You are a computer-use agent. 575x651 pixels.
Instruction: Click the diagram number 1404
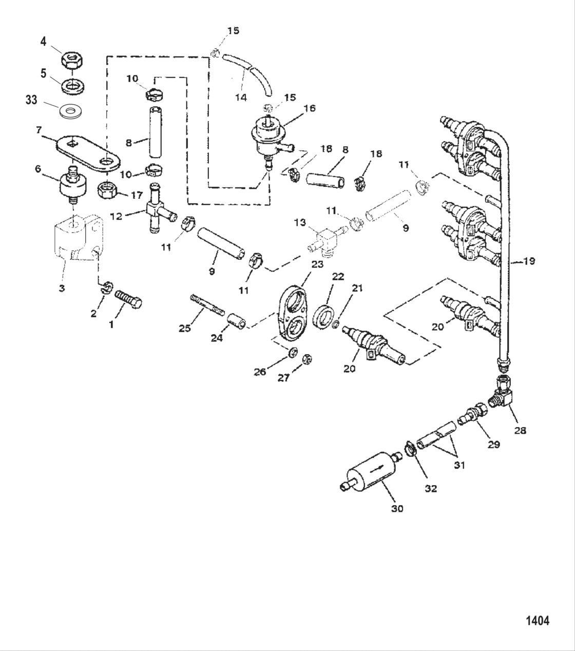(x=537, y=620)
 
